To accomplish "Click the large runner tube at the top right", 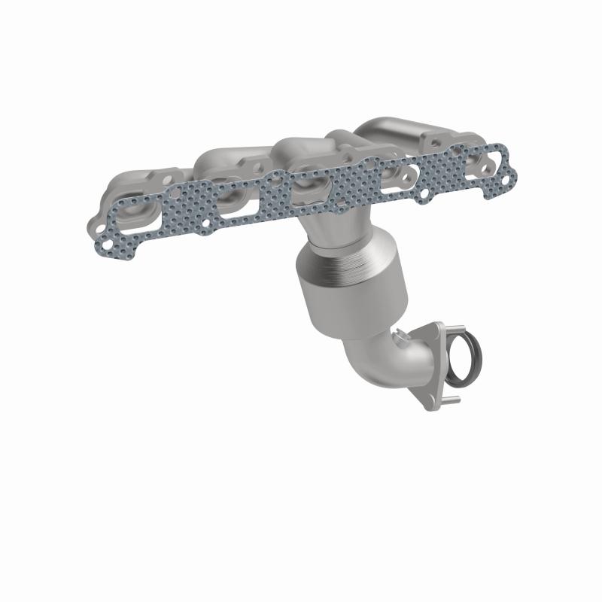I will [391, 128].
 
